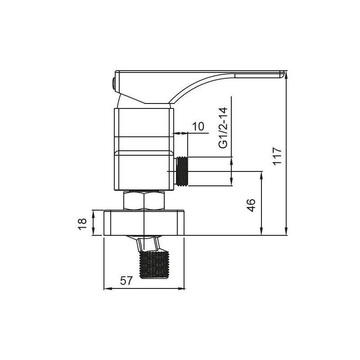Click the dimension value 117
(x=277, y=156)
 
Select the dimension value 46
(x=252, y=205)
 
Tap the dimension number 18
(x=82, y=224)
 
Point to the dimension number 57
(x=126, y=281)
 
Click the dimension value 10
(x=198, y=126)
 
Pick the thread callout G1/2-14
(x=223, y=128)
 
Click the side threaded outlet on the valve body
(x=182, y=171)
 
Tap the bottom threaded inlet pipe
(x=154, y=264)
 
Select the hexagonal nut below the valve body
(x=144, y=200)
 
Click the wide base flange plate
(x=144, y=223)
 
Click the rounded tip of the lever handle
(x=282, y=75)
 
